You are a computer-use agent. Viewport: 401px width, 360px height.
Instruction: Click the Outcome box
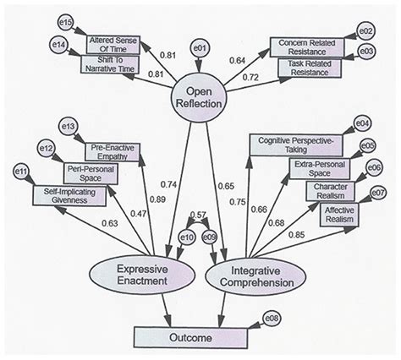click(182, 337)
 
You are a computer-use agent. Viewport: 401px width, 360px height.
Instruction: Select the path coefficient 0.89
click(157, 200)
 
